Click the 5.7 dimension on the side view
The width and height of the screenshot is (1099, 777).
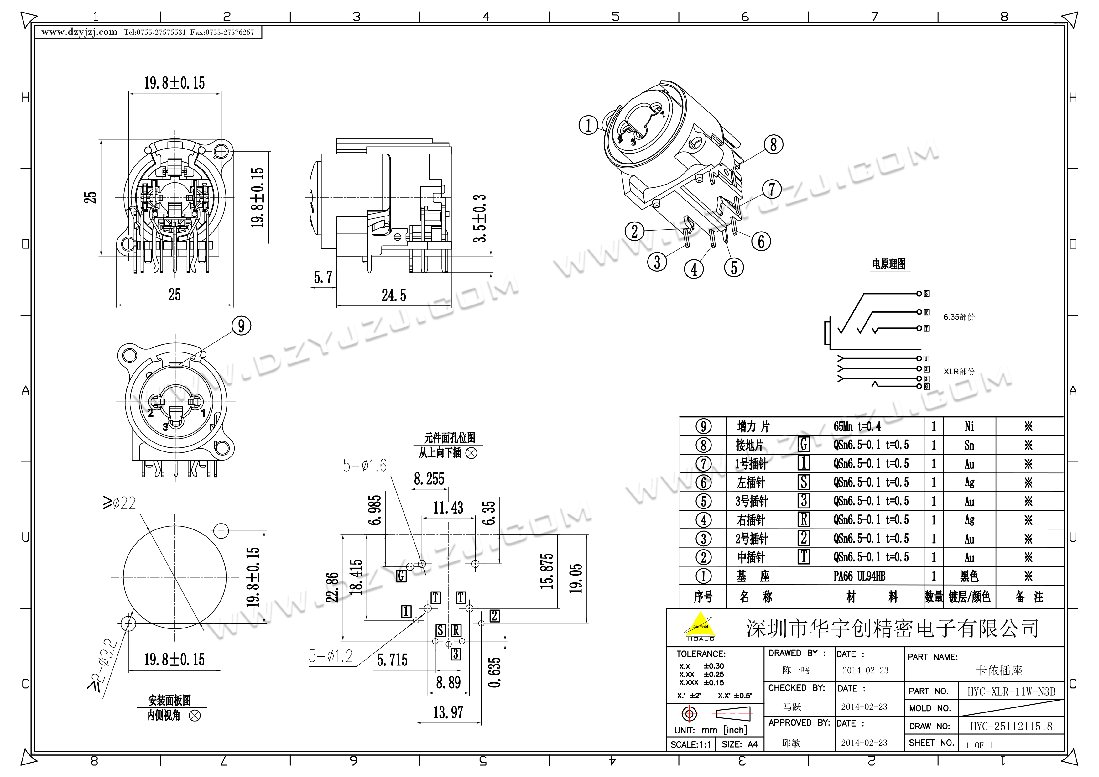(x=323, y=277)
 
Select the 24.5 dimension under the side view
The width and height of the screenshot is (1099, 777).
(x=394, y=295)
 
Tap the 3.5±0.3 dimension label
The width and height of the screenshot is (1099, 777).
(x=480, y=218)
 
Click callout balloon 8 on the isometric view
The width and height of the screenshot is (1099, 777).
(x=773, y=144)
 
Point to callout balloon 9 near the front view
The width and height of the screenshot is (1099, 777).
(x=241, y=326)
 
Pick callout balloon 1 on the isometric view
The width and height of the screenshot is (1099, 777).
(x=588, y=125)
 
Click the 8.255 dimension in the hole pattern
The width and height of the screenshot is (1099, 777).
(x=429, y=479)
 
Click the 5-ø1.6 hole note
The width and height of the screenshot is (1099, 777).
(x=365, y=465)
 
